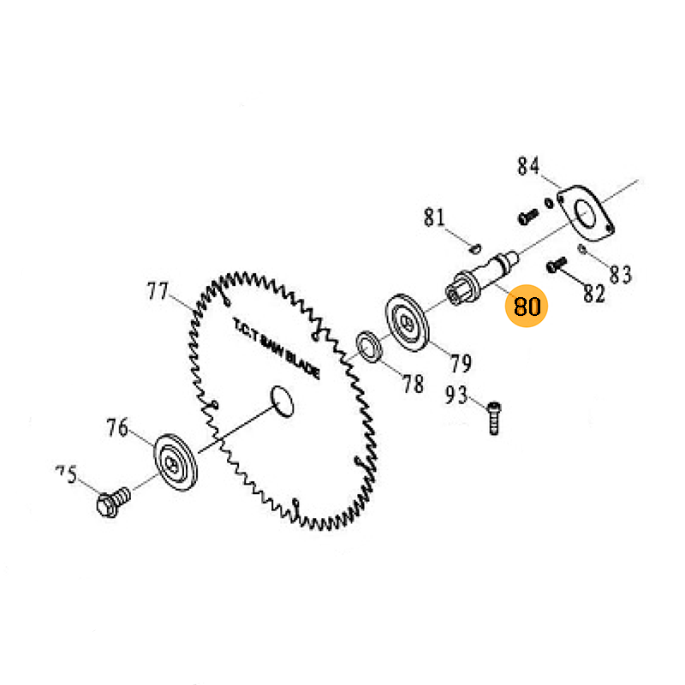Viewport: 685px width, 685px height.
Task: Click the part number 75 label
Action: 66,474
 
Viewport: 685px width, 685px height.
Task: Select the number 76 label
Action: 117,427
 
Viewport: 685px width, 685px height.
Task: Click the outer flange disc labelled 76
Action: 175,462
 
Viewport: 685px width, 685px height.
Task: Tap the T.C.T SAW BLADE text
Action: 276,351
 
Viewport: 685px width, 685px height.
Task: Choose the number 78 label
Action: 413,384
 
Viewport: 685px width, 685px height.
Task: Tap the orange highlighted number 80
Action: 527,306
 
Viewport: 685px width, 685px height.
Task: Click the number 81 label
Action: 435,217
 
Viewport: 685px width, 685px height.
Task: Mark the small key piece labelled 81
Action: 475,249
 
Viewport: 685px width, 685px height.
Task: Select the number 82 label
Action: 593,294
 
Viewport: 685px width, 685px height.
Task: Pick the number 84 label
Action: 528,166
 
